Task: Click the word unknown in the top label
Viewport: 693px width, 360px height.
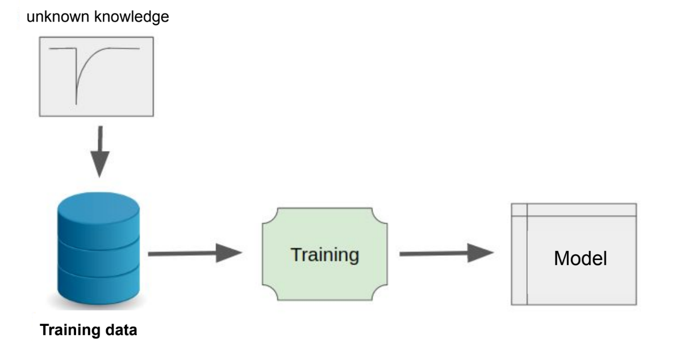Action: point(58,16)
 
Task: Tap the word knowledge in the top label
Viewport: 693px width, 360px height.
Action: point(132,17)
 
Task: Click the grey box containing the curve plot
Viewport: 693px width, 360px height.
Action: point(96,77)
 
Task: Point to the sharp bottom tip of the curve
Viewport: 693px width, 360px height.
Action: point(76,104)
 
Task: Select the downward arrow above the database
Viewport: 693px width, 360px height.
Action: point(100,152)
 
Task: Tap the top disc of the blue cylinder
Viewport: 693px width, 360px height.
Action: point(98,208)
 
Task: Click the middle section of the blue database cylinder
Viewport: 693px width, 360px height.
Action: point(98,259)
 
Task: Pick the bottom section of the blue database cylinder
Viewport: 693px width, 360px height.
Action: point(98,286)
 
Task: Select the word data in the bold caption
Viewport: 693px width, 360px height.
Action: point(122,330)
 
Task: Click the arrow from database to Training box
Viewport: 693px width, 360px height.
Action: point(195,253)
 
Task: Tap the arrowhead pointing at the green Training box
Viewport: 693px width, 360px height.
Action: point(229,253)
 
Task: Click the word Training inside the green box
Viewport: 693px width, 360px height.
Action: point(325,255)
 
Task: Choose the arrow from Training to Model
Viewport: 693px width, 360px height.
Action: point(446,253)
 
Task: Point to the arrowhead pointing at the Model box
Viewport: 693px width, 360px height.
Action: point(481,253)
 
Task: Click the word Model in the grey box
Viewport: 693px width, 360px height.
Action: point(581,258)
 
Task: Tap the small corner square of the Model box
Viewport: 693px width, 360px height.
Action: point(519,210)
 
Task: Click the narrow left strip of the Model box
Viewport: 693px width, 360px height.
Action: point(519,260)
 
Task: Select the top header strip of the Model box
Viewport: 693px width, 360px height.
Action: point(582,210)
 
